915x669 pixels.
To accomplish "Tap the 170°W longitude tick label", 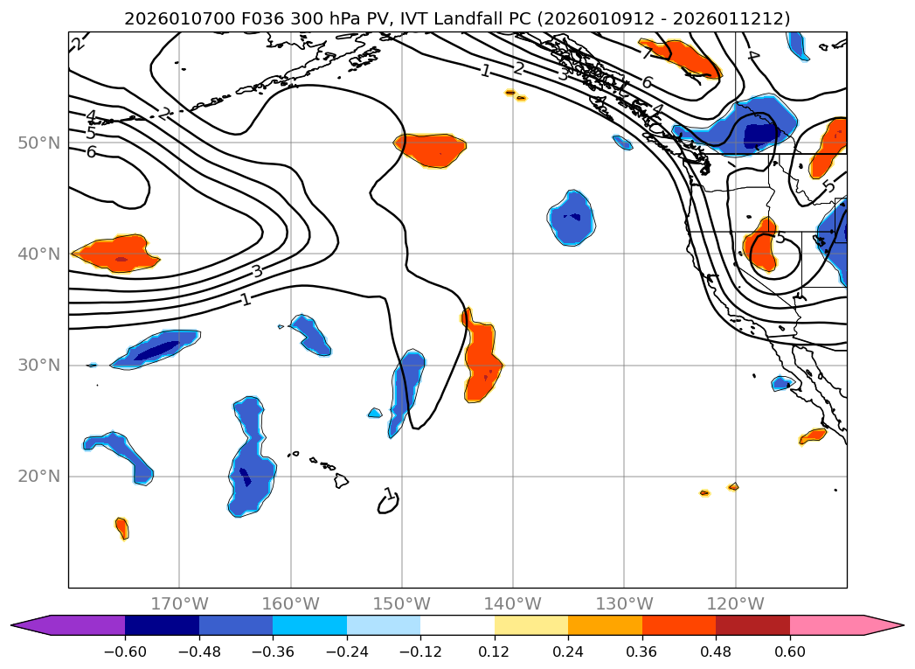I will click(179, 603).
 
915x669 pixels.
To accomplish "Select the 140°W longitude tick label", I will click(513, 603).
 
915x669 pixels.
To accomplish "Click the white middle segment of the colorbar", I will click(457, 624).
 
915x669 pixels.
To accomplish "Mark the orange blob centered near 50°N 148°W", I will click(430, 146).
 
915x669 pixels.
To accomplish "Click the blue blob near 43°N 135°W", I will click(572, 217).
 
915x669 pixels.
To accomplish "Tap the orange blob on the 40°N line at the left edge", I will click(116, 254).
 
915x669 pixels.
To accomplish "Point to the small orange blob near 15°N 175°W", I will click(122, 527).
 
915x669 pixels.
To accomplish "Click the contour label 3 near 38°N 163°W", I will click(257, 271).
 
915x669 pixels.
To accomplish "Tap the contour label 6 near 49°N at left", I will click(91, 152).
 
